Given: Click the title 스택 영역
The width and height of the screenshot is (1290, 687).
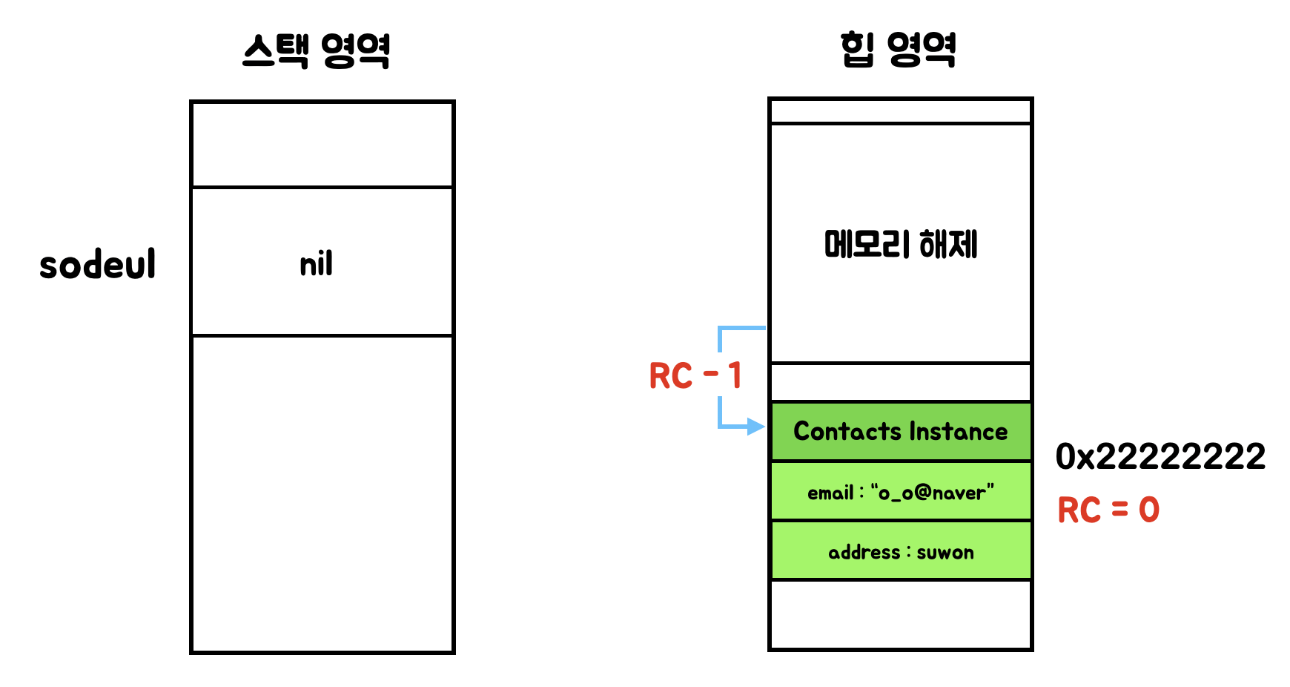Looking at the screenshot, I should coord(317,51).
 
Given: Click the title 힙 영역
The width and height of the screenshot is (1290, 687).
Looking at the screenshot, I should coord(898,50).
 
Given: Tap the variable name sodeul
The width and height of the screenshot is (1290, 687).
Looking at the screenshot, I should coord(98,265).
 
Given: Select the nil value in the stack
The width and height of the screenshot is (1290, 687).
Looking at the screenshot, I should coord(317,264).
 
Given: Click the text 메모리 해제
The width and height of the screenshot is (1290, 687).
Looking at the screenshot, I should coord(900,244).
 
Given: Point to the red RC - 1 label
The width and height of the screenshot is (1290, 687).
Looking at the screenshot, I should coord(695,375).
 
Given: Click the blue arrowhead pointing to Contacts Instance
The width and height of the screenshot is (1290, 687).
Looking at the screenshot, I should coord(755,427).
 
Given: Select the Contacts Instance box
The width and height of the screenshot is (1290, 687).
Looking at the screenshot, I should coord(900,431).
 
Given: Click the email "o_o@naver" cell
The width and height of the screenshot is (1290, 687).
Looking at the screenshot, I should coord(900,492).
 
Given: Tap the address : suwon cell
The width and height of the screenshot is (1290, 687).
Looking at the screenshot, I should coord(900,552).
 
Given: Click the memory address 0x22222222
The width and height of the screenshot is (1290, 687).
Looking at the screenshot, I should coord(1160,456).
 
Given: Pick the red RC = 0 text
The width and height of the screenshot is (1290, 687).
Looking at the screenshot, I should coord(1108,510).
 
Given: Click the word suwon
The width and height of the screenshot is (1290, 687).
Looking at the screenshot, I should coord(945,553).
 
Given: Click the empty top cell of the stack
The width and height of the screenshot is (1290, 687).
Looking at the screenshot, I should coord(322,144).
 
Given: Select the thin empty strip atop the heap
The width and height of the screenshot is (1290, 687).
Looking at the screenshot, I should coord(900,111).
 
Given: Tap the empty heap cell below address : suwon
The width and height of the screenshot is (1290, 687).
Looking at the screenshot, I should coord(900,614).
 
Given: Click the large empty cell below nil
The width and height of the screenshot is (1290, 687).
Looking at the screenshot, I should coord(322,493).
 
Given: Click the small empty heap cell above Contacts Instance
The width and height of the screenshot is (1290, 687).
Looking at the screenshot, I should coord(900,383).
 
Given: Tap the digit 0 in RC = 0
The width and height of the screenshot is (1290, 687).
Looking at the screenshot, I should coord(1148,510).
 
